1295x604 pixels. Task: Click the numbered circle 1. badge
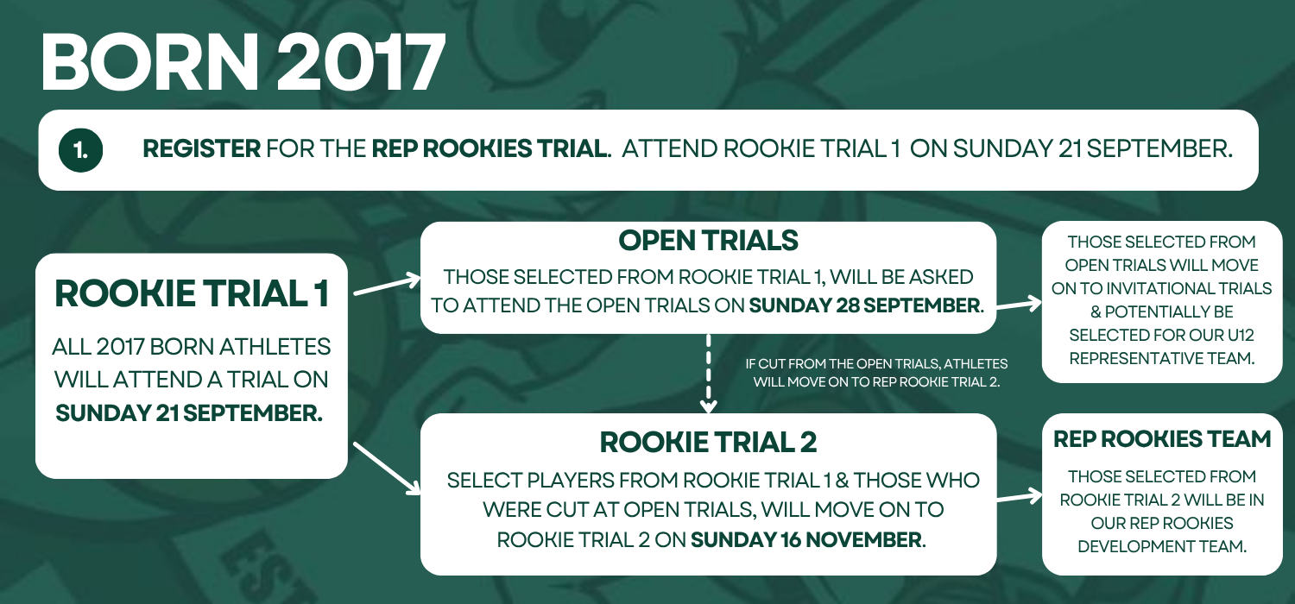click(80, 150)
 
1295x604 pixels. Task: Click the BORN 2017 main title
click(243, 62)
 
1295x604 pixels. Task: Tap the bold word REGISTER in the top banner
click(202, 148)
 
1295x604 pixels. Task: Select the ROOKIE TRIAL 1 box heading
click(192, 293)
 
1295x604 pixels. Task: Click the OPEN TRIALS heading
click(708, 241)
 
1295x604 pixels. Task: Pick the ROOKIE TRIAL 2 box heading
click(708, 442)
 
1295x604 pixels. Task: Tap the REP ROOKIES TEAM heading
click(1162, 439)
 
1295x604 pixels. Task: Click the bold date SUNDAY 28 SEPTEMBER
click(864, 305)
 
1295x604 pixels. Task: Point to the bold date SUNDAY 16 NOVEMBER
click(805, 540)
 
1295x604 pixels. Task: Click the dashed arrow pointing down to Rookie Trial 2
click(708, 374)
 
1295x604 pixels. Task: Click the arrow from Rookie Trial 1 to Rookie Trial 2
click(387, 469)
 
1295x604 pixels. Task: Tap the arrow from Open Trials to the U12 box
click(1019, 304)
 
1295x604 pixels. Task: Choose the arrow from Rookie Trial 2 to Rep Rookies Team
click(1020, 497)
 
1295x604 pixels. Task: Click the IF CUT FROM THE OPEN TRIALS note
click(876, 373)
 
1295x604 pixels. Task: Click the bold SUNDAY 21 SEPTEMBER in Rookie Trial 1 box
click(189, 413)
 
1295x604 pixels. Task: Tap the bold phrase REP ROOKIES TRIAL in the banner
click(491, 148)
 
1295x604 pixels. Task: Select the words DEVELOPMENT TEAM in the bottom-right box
click(1162, 546)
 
